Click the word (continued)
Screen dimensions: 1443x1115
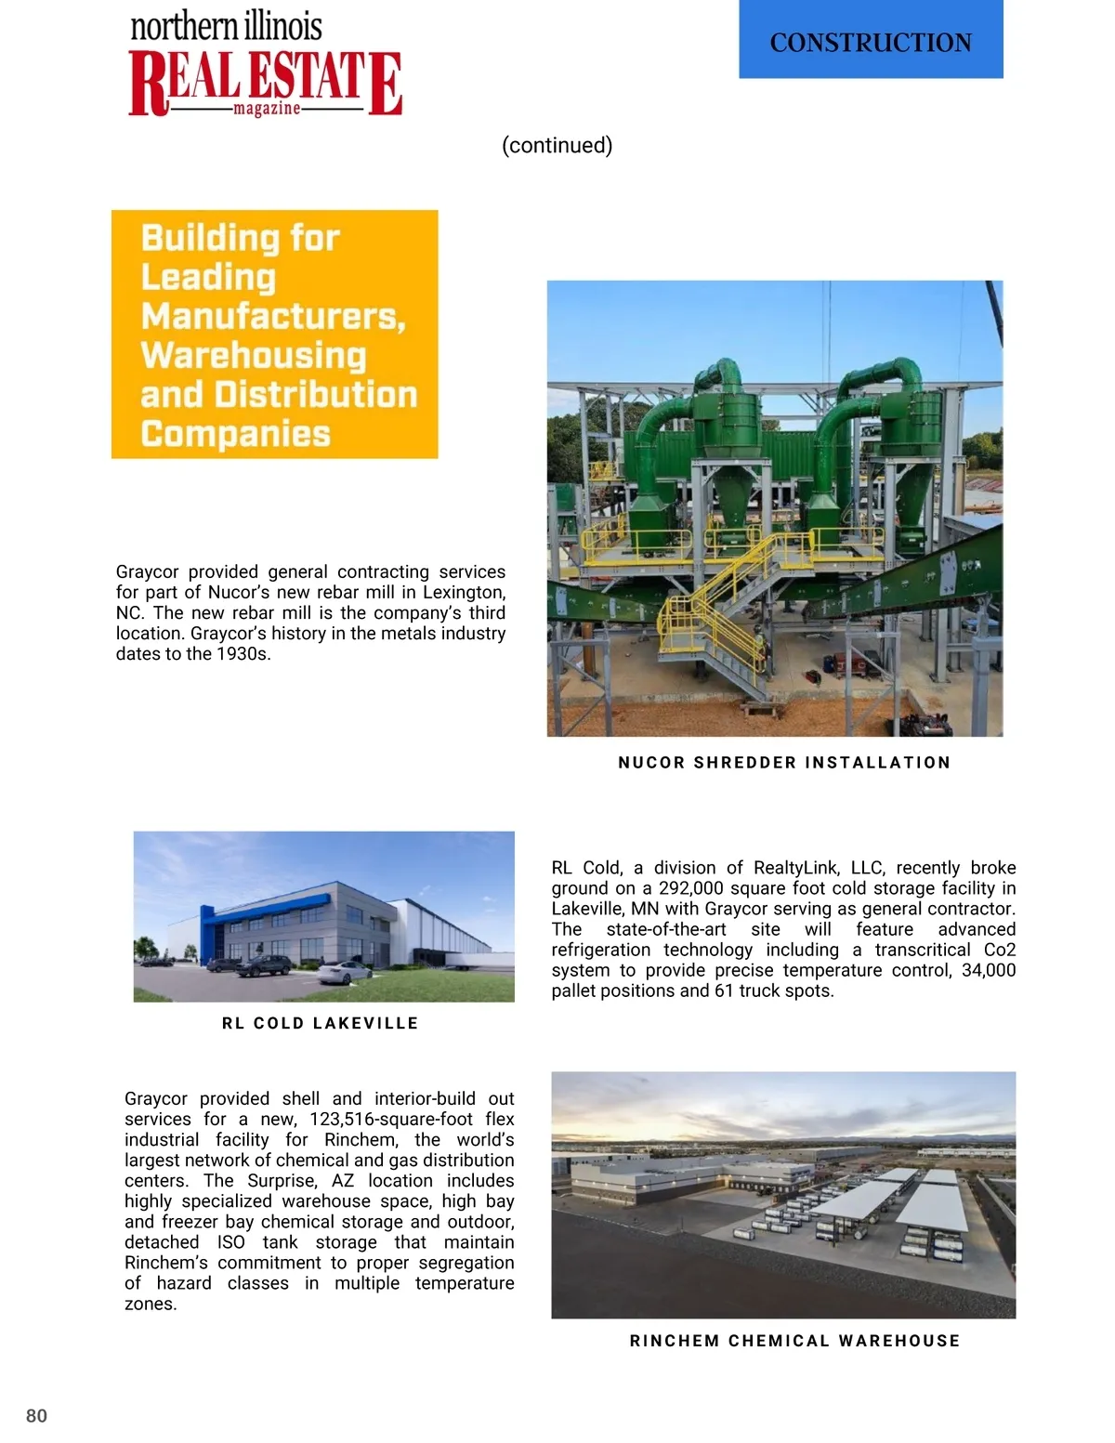[x=557, y=145]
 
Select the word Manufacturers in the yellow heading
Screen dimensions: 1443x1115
[x=273, y=316]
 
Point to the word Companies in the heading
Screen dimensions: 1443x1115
[x=235, y=433]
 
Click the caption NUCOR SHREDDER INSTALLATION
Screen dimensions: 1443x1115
[x=784, y=762]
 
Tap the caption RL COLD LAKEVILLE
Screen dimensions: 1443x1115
[x=320, y=1023]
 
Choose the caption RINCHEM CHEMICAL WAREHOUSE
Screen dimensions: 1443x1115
[x=794, y=1341]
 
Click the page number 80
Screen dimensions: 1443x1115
[x=36, y=1415]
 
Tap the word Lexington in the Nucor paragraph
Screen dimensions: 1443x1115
[x=463, y=592]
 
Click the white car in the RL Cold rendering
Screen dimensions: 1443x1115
[x=344, y=972]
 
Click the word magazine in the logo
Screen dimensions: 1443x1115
[x=267, y=110]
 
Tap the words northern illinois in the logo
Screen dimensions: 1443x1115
[x=226, y=26]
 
